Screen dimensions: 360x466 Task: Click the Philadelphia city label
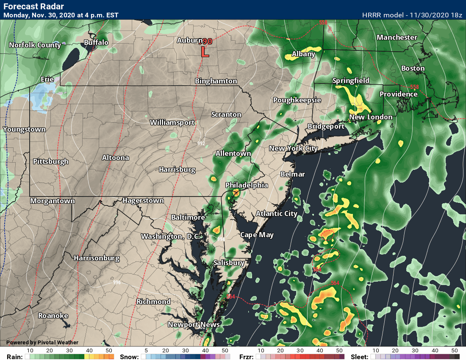(247, 185)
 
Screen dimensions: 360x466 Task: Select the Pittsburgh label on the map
(50, 161)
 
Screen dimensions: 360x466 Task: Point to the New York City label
(293, 148)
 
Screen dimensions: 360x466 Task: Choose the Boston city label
(413, 68)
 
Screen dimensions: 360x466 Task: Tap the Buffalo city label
(96, 42)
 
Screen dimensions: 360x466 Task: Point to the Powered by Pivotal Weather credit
(42, 342)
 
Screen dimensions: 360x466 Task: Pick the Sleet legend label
(360, 357)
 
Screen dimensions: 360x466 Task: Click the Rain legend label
(11, 357)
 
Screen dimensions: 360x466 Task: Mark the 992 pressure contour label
(201, 143)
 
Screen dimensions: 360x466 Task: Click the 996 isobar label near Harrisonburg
(117, 282)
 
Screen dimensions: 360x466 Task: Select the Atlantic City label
(276, 213)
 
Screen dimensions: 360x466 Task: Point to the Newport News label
(194, 324)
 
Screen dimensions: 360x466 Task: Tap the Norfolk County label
(35, 45)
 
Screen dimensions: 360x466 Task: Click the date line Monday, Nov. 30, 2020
(61, 15)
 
